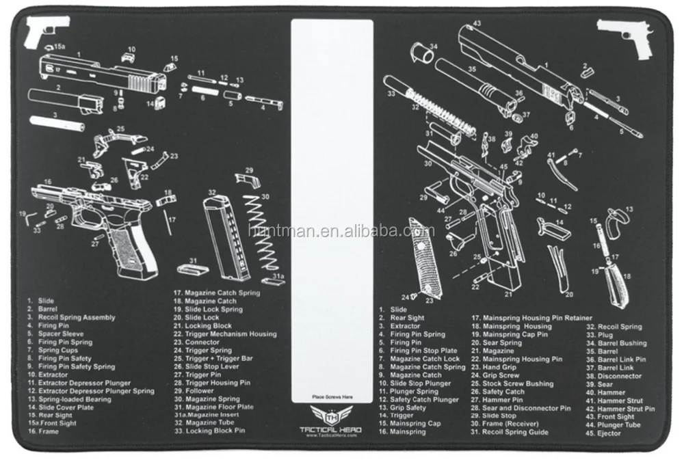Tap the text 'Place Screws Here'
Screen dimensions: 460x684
point(332,396)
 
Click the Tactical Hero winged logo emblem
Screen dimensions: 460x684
point(332,415)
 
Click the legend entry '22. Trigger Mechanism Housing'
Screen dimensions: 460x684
point(225,334)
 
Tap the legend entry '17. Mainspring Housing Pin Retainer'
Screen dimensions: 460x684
point(532,318)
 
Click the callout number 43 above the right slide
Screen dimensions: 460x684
point(477,23)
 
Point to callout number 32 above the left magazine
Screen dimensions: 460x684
point(212,193)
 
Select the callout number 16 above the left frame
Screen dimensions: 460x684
point(47,182)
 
